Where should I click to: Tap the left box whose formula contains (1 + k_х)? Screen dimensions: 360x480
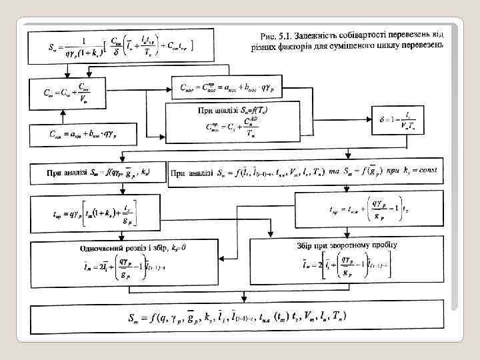point(95,214)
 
